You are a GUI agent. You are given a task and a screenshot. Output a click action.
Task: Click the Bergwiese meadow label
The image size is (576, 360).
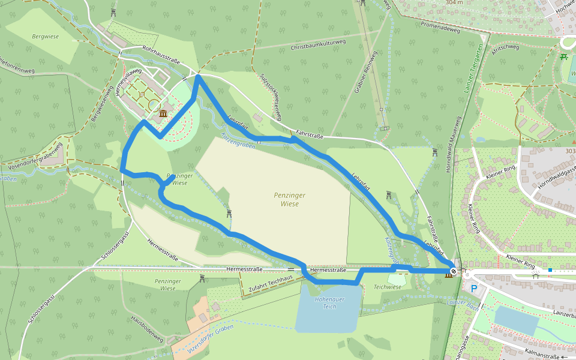(45, 37)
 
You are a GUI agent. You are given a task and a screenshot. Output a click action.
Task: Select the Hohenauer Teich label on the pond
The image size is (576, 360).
(329, 302)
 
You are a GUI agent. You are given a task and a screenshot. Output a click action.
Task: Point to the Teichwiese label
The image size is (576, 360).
(387, 287)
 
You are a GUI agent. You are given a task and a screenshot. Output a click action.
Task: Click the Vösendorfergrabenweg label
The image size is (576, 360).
(33, 157)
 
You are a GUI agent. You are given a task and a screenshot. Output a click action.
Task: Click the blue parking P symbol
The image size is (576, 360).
(475, 289)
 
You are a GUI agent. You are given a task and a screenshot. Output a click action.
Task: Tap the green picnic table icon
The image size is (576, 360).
(563, 57)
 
